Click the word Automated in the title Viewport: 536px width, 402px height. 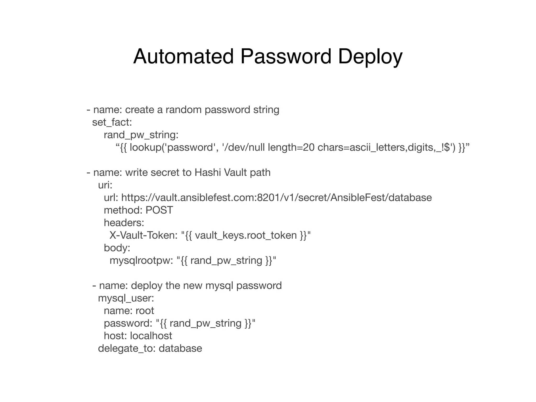[x=183, y=56]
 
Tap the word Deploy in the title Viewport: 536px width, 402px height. [x=370, y=56]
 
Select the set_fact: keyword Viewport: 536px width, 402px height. [x=112, y=122]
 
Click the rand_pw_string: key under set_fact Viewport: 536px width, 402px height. [x=141, y=135]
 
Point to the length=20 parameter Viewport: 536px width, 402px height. [x=291, y=147]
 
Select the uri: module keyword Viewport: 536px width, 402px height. [x=105, y=185]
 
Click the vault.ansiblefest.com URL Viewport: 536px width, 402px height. [x=276, y=198]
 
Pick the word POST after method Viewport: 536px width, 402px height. [x=159, y=210]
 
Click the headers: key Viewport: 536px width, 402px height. [x=124, y=223]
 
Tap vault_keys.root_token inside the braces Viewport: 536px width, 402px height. [x=246, y=235]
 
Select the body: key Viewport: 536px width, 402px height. [x=117, y=248]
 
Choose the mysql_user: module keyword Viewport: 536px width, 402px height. [x=126, y=298]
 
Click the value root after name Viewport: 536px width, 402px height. [x=145, y=311]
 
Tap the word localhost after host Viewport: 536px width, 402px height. [x=151, y=336]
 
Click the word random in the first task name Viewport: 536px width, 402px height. [x=183, y=110]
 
